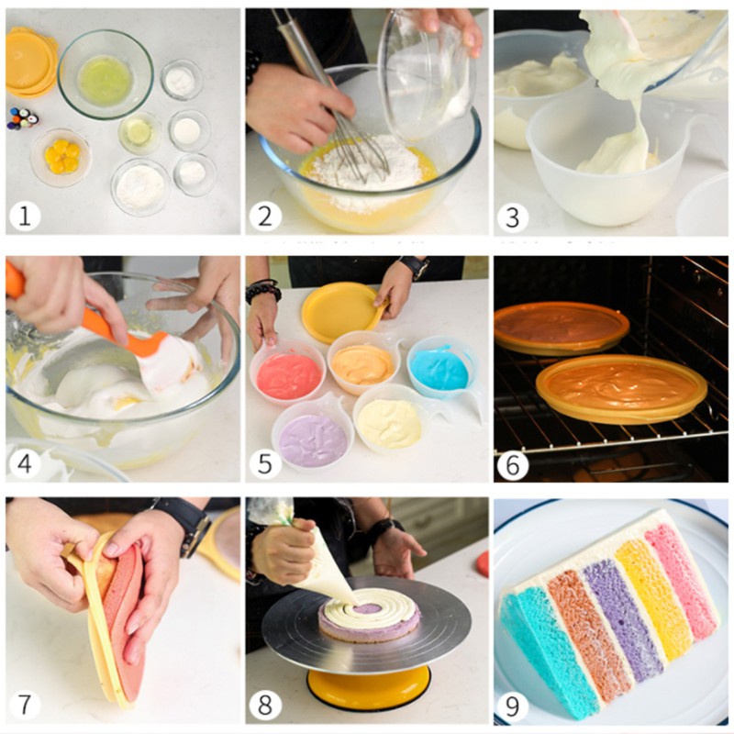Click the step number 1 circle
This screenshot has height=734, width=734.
point(25,217)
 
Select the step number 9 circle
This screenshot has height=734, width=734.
point(513,706)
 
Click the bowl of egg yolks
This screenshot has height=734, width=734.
point(61,158)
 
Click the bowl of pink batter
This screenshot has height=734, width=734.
point(287,372)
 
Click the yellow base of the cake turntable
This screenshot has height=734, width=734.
point(368,689)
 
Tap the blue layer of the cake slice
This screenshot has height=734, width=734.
point(550,655)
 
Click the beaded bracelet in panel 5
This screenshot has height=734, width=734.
point(263,291)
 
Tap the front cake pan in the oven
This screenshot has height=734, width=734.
point(622,388)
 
